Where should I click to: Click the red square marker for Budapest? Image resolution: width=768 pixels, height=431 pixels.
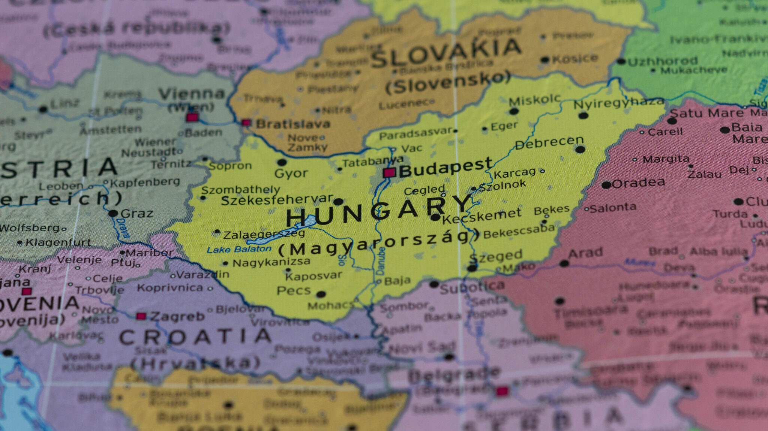coord(389,173)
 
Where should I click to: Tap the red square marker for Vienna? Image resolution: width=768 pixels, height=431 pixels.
coord(192,117)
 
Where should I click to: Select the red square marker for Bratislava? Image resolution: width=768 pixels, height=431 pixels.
coord(246,123)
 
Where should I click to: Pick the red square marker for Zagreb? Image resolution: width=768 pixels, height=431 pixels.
coord(141,316)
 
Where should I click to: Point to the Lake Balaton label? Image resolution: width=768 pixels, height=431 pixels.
coord(239,249)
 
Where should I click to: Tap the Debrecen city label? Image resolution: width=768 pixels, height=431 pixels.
coord(549,142)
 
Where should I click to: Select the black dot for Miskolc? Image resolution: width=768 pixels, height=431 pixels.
coord(514,111)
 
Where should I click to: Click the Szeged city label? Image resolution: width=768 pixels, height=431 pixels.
coord(495,256)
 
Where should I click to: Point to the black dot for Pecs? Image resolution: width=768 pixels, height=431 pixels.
coord(321,294)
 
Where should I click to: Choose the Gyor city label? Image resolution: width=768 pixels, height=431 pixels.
coord(291,174)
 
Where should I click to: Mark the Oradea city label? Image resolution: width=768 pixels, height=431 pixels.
coord(638,183)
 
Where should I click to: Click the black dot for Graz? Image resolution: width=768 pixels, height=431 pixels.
coord(113,214)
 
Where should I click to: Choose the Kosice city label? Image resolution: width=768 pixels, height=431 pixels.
coord(574,59)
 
